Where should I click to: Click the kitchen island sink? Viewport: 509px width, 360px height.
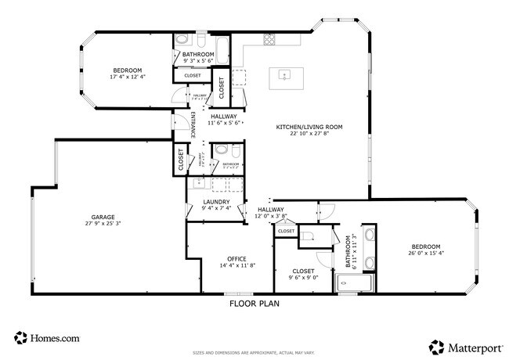tap(283, 76)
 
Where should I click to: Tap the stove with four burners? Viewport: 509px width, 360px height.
tap(270, 40)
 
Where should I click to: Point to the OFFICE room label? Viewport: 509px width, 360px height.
tap(237, 259)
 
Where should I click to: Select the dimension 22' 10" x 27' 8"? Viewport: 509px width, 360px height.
tap(309, 134)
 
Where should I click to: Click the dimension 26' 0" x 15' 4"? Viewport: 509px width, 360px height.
tap(426, 253)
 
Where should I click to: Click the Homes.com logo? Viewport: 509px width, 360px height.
tap(47, 339)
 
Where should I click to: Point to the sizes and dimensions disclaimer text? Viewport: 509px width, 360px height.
tap(254, 353)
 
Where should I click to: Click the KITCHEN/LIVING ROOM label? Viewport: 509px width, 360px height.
tap(309, 127)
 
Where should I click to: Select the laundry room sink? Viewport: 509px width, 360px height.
tap(199, 185)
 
